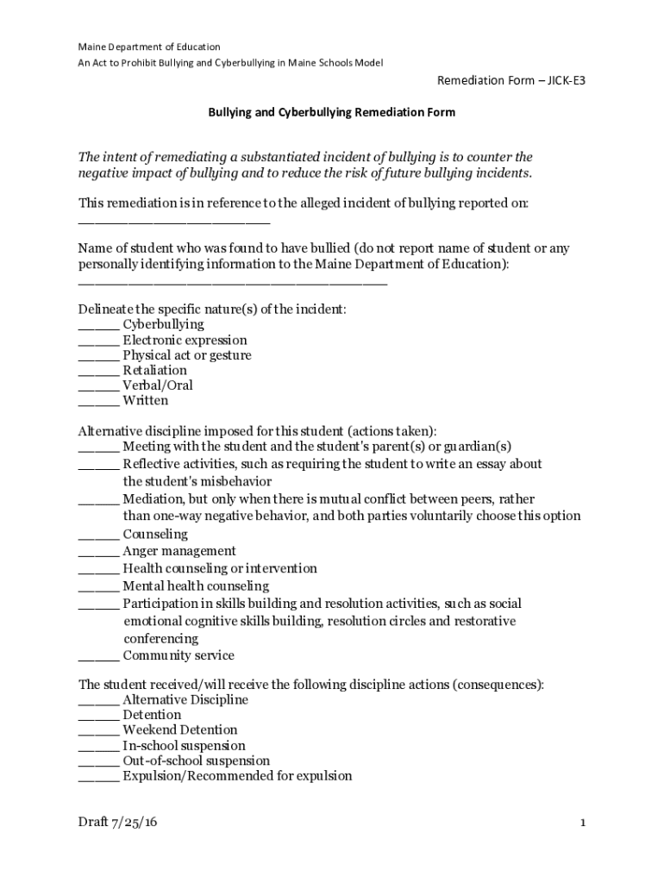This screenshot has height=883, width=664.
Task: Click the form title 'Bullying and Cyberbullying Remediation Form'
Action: (x=332, y=112)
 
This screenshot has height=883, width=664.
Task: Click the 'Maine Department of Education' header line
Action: (x=149, y=47)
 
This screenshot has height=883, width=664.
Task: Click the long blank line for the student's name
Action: (x=233, y=281)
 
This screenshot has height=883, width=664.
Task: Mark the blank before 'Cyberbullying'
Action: (x=98, y=326)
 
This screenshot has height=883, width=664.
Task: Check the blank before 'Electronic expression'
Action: (x=98, y=341)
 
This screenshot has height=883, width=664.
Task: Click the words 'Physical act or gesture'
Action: (x=187, y=355)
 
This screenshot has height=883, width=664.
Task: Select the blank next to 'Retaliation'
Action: (x=98, y=372)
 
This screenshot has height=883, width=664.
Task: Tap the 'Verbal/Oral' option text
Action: (x=158, y=385)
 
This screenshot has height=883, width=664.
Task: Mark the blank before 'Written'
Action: (x=98, y=402)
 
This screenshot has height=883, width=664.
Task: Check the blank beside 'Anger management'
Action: (x=98, y=553)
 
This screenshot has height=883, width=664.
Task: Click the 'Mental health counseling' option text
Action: (x=196, y=586)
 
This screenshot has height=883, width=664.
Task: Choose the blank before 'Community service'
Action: (x=98, y=657)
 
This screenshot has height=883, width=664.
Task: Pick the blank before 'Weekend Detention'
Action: (x=98, y=731)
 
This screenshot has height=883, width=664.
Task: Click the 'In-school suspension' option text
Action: (x=184, y=745)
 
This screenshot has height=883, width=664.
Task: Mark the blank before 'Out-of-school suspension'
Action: (x=98, y=762)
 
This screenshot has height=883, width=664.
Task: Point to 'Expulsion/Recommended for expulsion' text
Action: (x=237, y=776)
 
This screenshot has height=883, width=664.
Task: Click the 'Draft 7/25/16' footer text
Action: (x=118, y=823)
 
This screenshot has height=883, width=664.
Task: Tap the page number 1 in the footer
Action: (x=583, y=824)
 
